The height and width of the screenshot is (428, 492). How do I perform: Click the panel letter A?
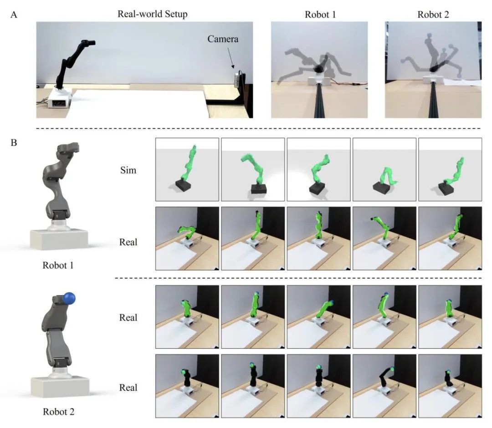[14, 15]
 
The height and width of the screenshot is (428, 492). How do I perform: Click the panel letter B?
[14, 143]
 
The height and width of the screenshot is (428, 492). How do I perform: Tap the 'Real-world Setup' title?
[153, 14]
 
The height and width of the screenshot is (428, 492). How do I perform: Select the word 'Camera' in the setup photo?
[223, 39]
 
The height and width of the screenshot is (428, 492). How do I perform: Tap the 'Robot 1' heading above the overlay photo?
[320, 15]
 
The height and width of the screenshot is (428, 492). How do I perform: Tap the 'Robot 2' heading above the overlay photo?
[433, 15]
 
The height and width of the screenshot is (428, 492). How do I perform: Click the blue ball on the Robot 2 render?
[69, 298]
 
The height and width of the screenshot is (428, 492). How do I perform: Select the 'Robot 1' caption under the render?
[58, 265]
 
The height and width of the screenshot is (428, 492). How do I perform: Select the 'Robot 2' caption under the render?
[59, 412]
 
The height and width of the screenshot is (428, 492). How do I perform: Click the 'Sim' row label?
[128, 170]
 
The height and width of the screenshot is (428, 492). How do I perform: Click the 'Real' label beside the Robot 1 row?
[128, 242]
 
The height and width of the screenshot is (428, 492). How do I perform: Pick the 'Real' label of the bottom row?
[128, 387]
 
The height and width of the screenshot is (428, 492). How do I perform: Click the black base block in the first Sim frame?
[183, 185]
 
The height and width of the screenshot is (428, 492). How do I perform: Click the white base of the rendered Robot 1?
[59, 239]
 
